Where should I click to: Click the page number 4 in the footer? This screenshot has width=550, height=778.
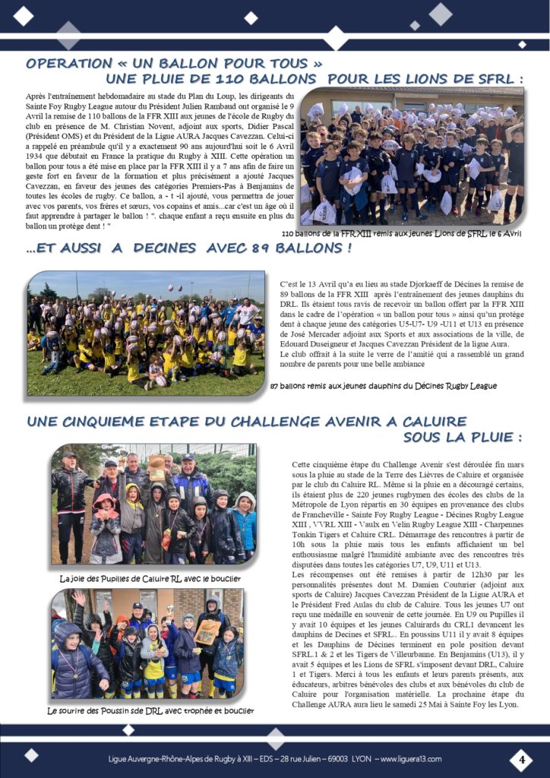pos(521,759)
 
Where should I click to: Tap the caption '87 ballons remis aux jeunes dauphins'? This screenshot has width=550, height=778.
pos(384,386)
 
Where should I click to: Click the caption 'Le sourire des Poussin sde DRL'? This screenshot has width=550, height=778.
pos(150,711)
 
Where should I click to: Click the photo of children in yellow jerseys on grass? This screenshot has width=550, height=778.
pos(146,333)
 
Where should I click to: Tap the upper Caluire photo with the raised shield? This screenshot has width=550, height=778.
pos(153,504)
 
